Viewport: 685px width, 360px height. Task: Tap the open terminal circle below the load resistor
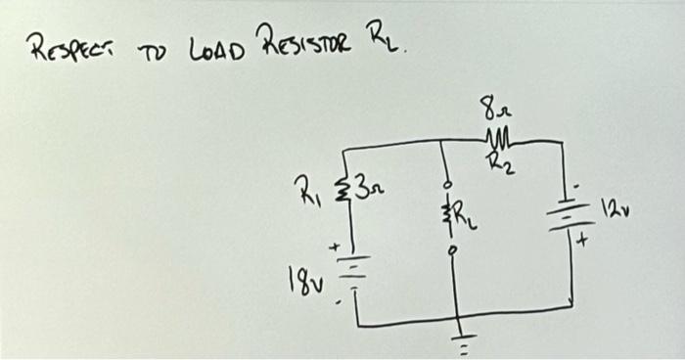pos(449,248)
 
